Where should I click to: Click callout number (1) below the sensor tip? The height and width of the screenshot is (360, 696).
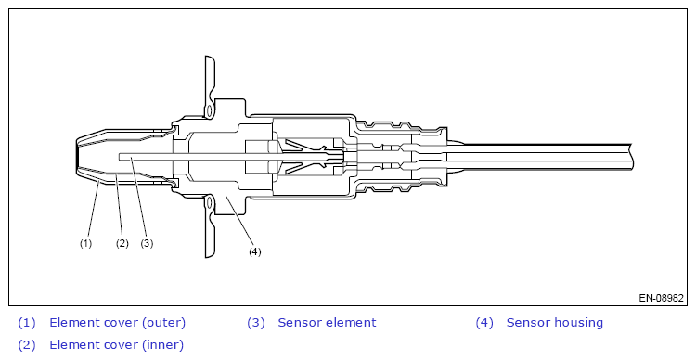85,243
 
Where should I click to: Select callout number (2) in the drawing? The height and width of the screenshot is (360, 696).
122,243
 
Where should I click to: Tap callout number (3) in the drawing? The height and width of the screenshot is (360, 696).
147,243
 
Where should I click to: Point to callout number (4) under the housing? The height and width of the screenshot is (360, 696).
255,251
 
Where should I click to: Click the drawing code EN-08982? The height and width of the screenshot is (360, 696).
661,298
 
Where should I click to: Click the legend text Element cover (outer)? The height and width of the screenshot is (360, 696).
117,323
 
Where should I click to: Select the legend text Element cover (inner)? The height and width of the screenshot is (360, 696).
116,345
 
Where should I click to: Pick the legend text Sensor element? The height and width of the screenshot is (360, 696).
327,323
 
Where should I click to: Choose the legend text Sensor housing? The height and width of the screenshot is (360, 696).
554,323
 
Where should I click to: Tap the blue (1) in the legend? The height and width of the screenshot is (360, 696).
27,323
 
